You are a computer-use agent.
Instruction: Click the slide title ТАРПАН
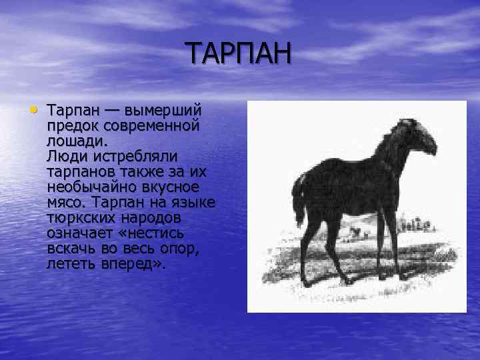pyautogui.click(x=238, y=53)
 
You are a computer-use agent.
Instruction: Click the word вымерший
pyautogui.click(x=165, y=110)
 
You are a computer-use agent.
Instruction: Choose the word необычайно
pyautogui.click(x=90, y=187)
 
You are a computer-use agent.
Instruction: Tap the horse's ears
pyautogui.click(x=403, y=122)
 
